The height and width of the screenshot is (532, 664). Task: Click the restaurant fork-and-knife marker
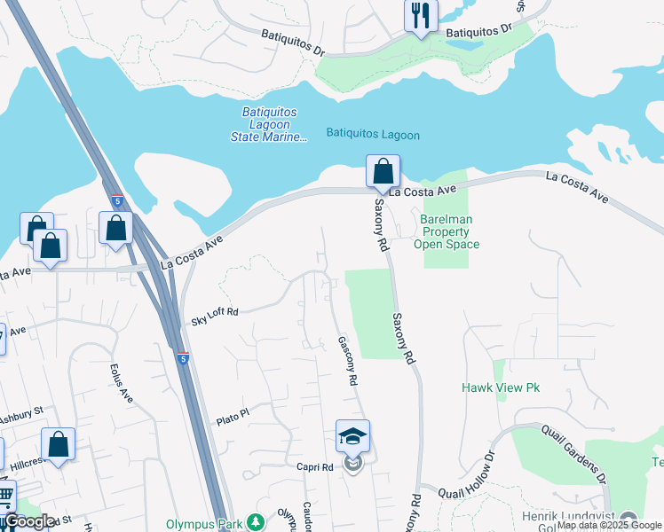coord(421,16)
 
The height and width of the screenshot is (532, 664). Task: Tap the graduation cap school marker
coord(352,437)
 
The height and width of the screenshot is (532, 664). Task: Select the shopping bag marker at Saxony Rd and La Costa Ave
coord(383,172)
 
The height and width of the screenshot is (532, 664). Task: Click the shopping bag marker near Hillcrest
coord(58,445)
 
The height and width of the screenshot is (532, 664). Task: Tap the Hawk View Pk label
coord(501,387)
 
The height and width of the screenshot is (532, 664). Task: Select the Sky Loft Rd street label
coord(215,312)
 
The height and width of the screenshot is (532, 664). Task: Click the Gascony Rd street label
coord(347,360)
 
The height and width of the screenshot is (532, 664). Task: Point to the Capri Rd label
coord(314,466)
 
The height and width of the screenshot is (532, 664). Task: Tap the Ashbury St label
coord(21,414)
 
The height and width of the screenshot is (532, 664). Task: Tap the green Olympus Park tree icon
coord(257,523)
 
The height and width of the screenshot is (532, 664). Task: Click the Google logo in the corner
coord(29,521)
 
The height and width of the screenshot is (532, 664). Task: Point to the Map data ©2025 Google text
coord(609,525)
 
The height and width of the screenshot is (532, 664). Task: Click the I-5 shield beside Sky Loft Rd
coord(182,358)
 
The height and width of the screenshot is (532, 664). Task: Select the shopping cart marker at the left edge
coord(4,496)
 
